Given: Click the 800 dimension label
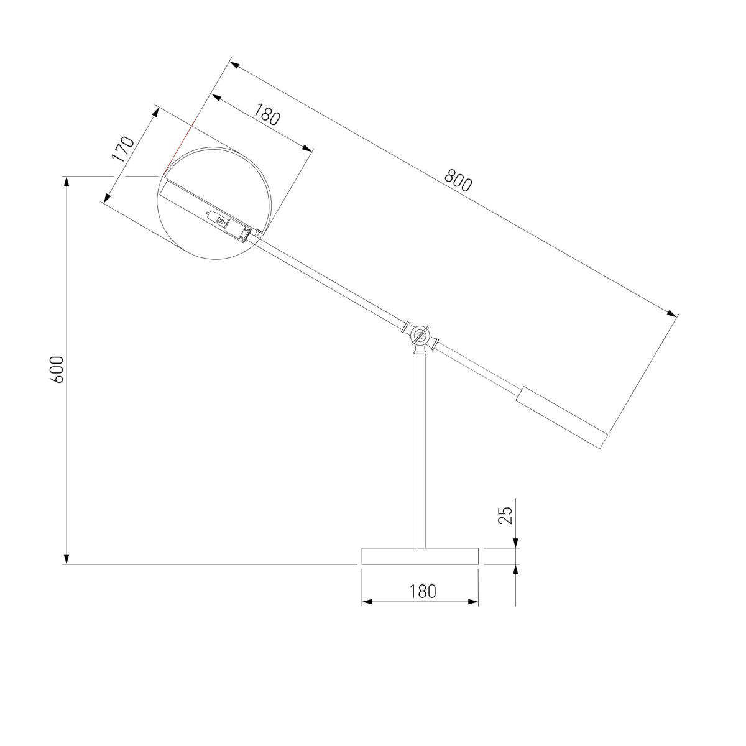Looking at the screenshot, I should [x=459, y=180].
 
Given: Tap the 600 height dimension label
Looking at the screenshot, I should [x=57, y=370].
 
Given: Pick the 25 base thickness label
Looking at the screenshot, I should [x=507, y=515].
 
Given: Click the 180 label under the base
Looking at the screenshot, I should [x=423, y=591].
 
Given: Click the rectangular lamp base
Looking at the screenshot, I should [x=420, y=556].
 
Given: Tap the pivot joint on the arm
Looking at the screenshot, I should [x=420, y=336].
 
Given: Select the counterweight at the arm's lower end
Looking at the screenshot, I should [x=562, y=417].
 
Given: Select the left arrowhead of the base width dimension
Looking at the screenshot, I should [x=367, y=602].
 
